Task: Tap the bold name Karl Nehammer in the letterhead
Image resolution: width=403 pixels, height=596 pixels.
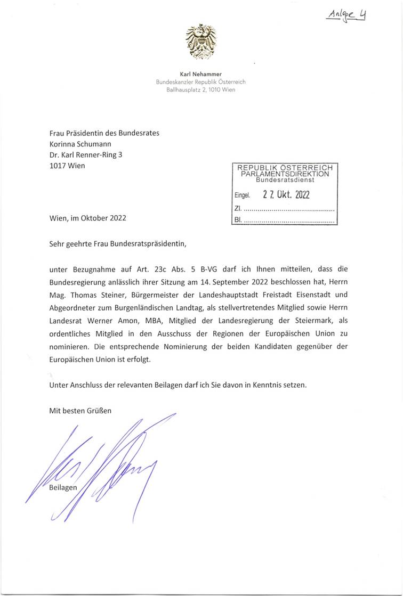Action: point(201,74)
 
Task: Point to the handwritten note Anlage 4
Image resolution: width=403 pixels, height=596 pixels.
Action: point(347,14)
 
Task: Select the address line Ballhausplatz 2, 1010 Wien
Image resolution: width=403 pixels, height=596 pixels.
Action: point(201,89)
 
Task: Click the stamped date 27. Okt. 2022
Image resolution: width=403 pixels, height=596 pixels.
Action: point(286,194)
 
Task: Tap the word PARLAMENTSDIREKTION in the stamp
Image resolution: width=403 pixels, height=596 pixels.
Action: point(285,174)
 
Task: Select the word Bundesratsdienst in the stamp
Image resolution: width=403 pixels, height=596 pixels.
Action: point(285,180)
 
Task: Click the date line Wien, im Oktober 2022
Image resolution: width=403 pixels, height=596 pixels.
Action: point(87,218)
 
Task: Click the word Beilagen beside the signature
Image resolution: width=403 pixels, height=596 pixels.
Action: point(63,488)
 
